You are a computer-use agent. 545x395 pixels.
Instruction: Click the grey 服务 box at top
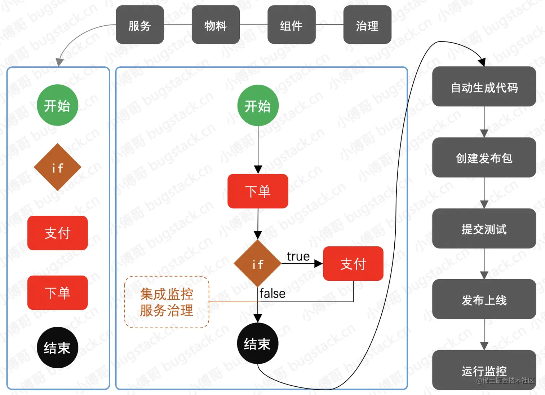click(140, 25)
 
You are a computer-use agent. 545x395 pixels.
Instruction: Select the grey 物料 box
click(216, 25)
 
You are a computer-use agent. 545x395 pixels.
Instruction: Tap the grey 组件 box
click(291, 25)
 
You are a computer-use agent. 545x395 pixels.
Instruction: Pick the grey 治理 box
click(367, 25)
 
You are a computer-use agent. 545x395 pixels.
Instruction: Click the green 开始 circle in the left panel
click(57, 105)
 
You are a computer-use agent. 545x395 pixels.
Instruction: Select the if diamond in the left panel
click(57, 167)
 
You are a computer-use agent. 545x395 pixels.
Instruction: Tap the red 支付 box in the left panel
click(57, 233)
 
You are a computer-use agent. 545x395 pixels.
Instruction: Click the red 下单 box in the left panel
click(57, 293)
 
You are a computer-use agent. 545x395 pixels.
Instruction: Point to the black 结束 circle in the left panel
click(57, 347)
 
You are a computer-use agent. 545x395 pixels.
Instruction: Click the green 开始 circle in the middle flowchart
click(258, 106)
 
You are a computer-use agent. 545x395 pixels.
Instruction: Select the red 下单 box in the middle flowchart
click(258, 191)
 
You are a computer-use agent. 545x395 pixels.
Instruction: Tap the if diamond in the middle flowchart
click(258, 264)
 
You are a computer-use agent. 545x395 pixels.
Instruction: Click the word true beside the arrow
click(298, 256)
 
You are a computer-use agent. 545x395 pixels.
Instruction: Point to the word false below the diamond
click(272, 294)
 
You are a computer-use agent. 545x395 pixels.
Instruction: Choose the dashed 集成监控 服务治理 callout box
click(167, 302)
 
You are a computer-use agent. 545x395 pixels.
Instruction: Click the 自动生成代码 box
click(484, 87)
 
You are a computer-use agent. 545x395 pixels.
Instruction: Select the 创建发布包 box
click(484, 158)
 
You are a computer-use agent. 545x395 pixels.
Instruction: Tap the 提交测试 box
click(484, 229)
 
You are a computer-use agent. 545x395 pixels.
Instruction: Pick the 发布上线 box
click(484, 299)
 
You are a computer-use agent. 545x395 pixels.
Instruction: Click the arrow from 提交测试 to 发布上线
click(484, 264)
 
